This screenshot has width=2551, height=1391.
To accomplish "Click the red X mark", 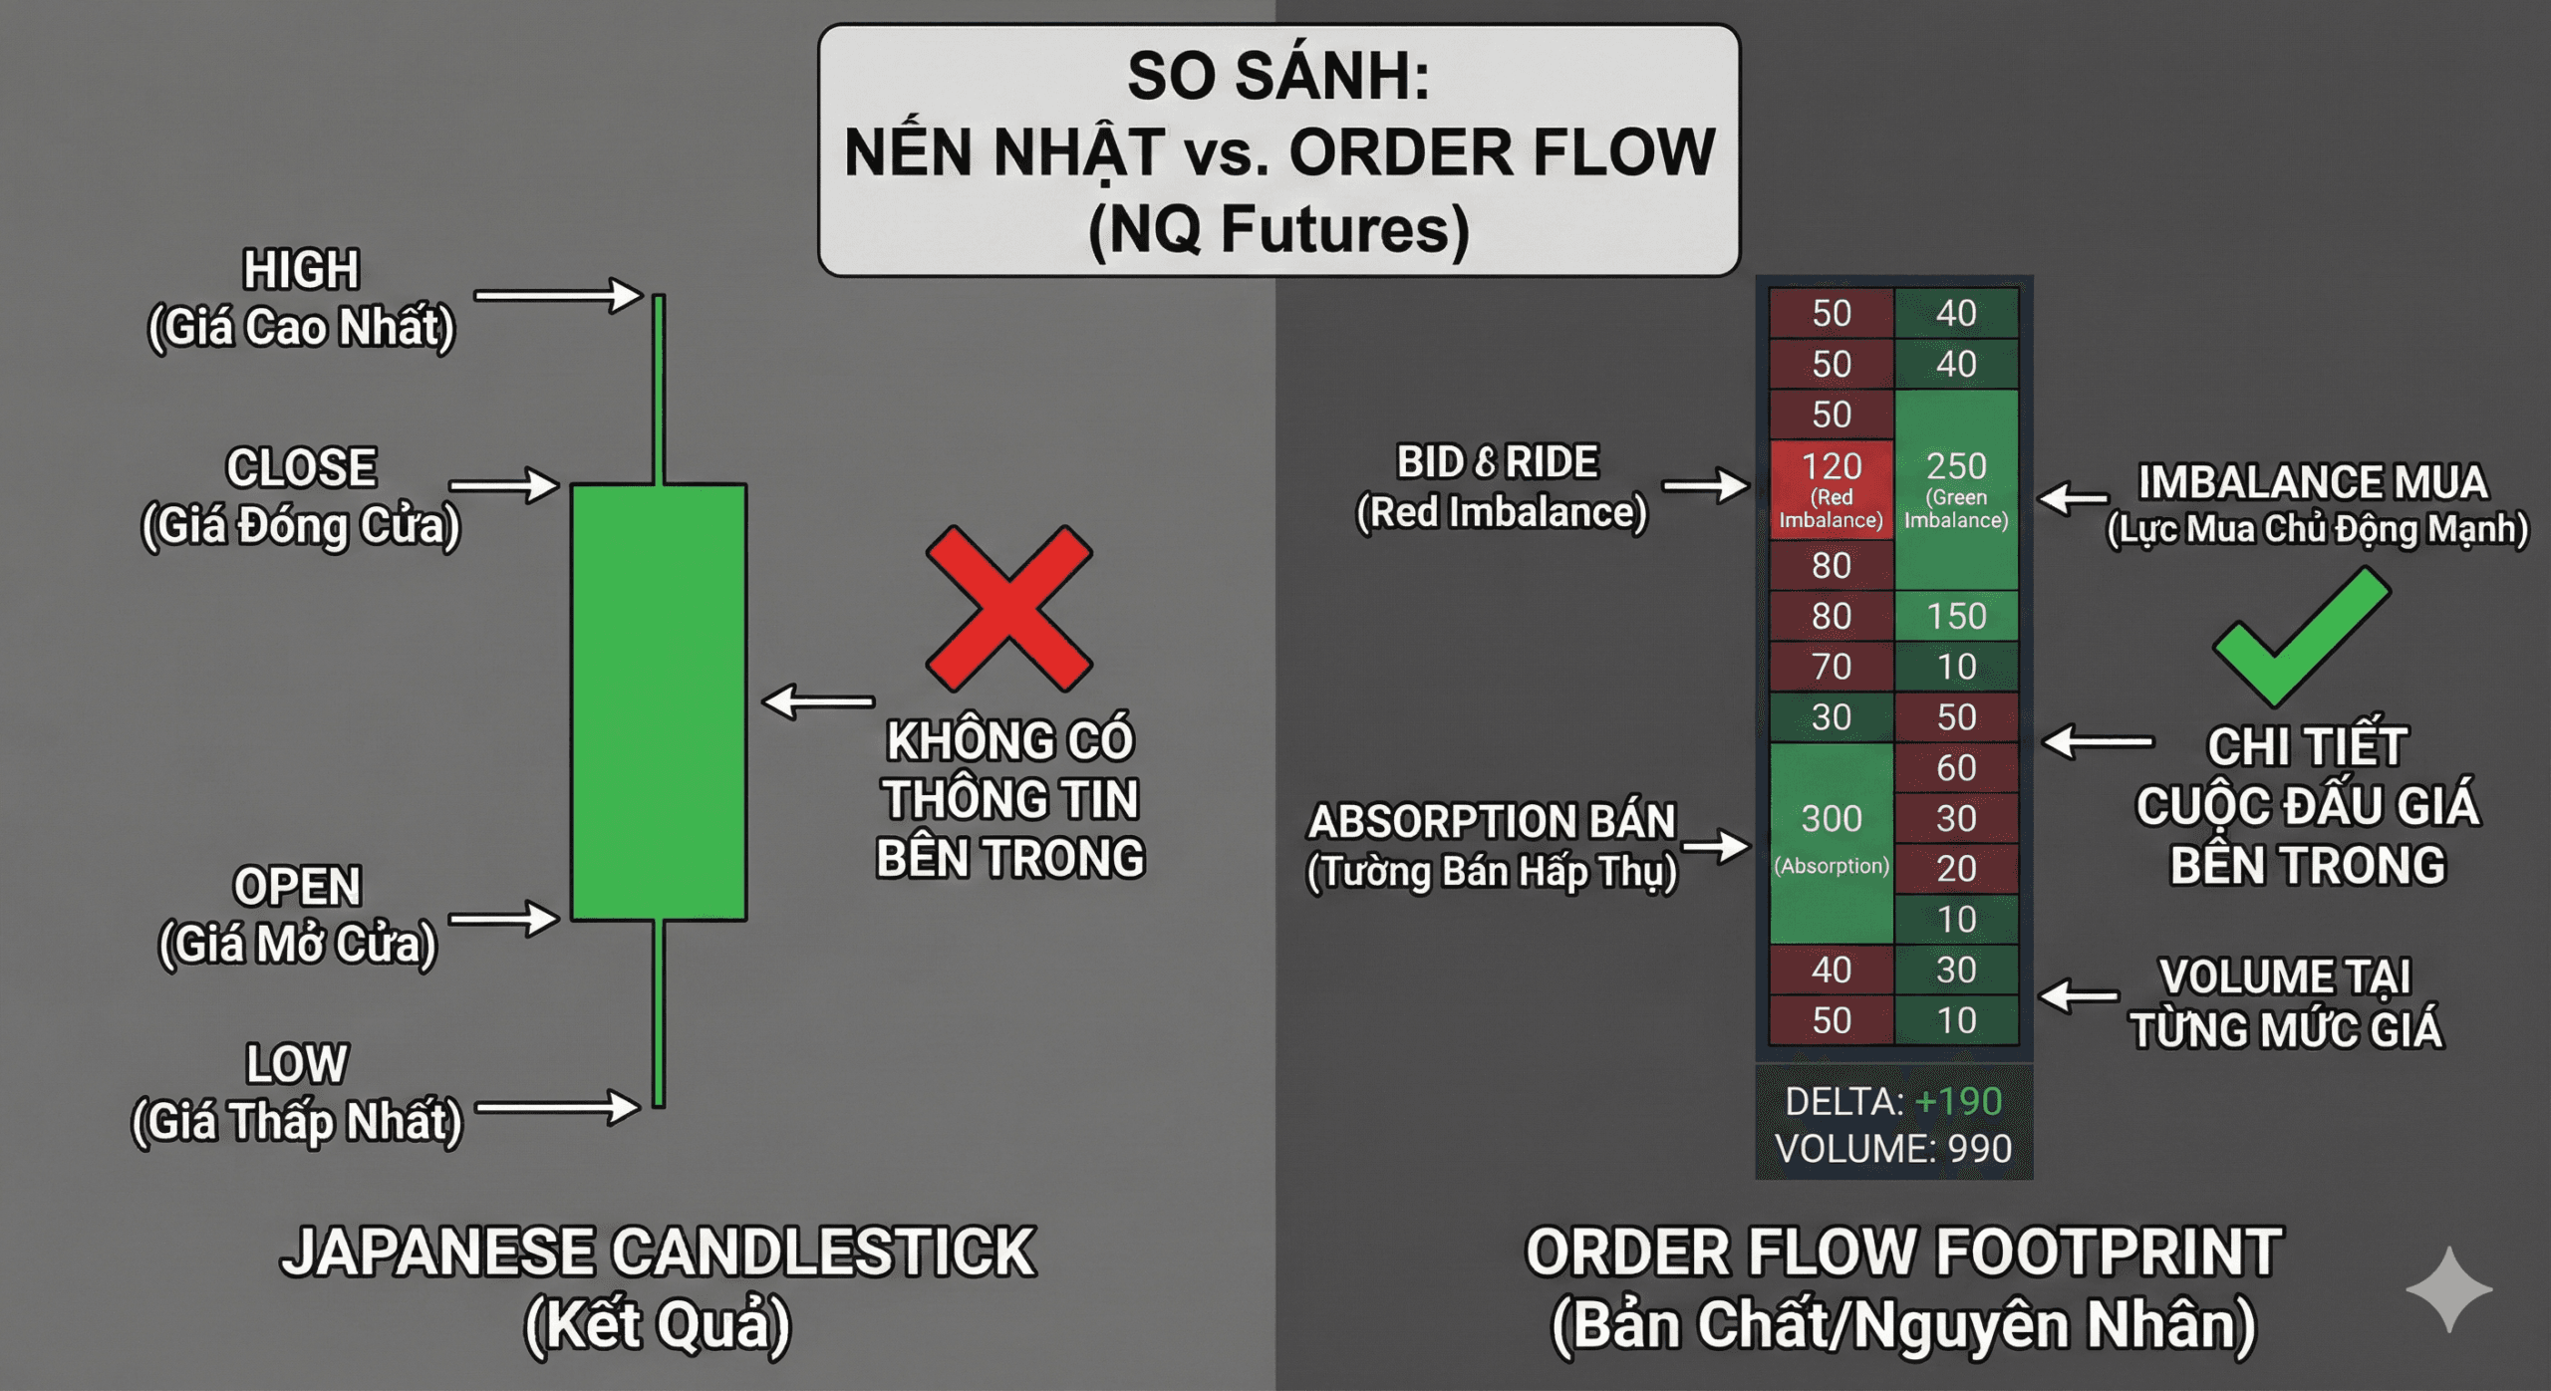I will point(1008,609).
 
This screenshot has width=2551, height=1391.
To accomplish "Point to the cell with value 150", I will point(1956,616).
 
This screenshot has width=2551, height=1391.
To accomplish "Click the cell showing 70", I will point(1831,667).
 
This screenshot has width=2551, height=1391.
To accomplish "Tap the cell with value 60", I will point(1956,768).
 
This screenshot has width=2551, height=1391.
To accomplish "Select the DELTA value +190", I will point(1958,1101).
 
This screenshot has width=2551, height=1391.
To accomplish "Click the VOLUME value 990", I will point(1979,1149).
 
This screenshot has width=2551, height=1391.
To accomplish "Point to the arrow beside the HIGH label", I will point(558,295).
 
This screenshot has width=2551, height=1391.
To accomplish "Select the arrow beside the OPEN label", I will point(503,919).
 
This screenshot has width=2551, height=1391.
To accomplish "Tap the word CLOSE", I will point(301,468).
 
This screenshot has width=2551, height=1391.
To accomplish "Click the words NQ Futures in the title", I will point(1278,230).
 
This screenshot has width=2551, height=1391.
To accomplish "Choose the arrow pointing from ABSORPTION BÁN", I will point(1717,846).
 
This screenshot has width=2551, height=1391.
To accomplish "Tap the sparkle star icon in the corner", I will point(2448,1288).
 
